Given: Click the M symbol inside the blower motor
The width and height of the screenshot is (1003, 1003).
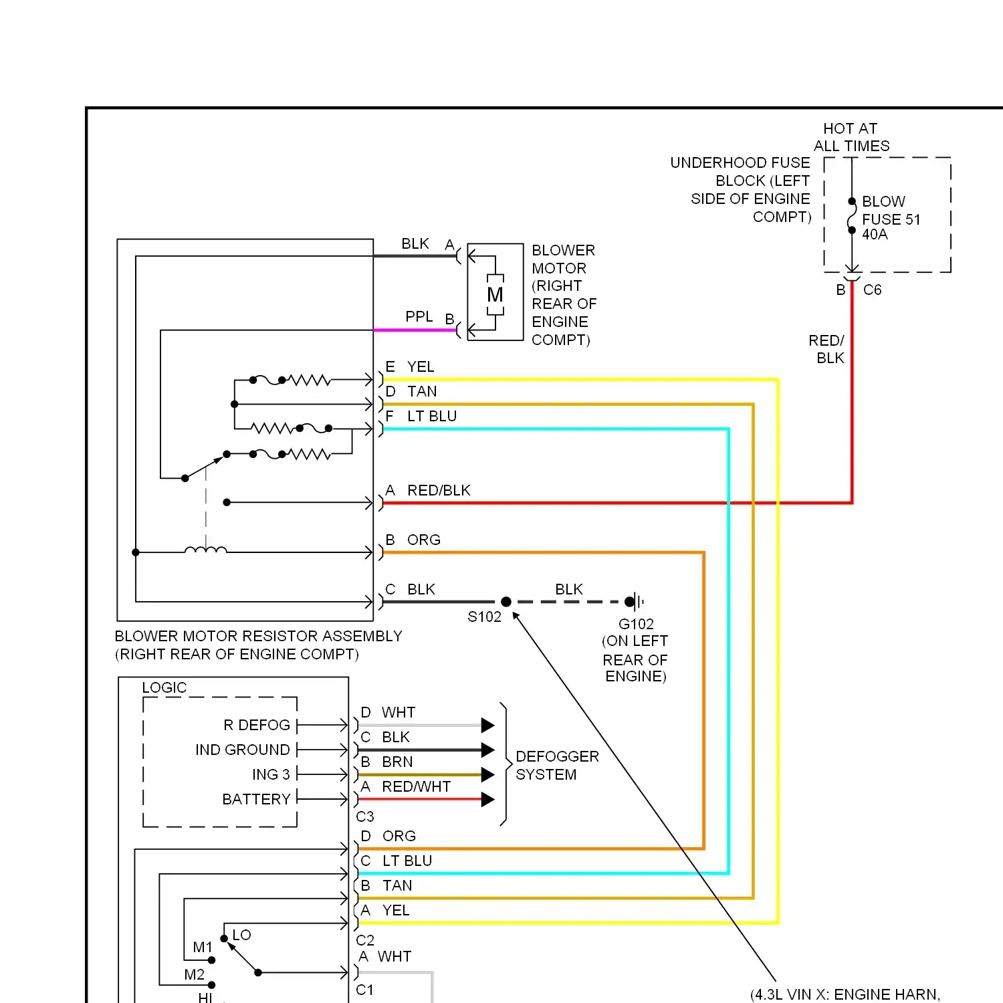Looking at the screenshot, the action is coord(495,294).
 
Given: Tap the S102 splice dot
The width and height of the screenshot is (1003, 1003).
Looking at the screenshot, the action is coord(506,602).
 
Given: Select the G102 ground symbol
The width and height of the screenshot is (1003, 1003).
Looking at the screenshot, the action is coord(635,602).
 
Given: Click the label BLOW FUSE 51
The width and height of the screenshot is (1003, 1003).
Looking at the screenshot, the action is coord(891,210).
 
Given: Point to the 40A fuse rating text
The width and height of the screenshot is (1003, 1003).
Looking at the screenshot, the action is coord(875,234).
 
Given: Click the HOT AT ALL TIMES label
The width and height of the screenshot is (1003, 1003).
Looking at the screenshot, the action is coord(851,137).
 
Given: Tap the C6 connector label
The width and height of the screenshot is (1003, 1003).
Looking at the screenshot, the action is coord(872,290).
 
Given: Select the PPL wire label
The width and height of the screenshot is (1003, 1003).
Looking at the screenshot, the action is coord(419,316).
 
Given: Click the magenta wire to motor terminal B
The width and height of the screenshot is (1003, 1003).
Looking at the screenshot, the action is coord(415,330).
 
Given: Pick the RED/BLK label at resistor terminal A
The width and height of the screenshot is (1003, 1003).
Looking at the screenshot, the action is coord(439,490).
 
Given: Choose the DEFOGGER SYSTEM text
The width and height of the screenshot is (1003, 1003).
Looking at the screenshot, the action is coord(557,765).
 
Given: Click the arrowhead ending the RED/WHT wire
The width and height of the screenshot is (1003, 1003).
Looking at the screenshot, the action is coord(488,799).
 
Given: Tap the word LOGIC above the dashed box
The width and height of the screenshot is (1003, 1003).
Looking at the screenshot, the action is coord(164,687).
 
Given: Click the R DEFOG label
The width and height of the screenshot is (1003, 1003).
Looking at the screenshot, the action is coord(257,725).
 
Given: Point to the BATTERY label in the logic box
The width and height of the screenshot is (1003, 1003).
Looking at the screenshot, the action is coord(256,799).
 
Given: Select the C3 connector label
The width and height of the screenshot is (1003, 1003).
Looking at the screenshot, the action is coord(365,816).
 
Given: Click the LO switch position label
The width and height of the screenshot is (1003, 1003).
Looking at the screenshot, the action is coord(241,935).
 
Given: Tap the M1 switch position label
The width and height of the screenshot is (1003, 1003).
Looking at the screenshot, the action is coord(203,947).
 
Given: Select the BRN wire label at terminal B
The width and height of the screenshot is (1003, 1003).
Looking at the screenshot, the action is coord(397,762).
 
